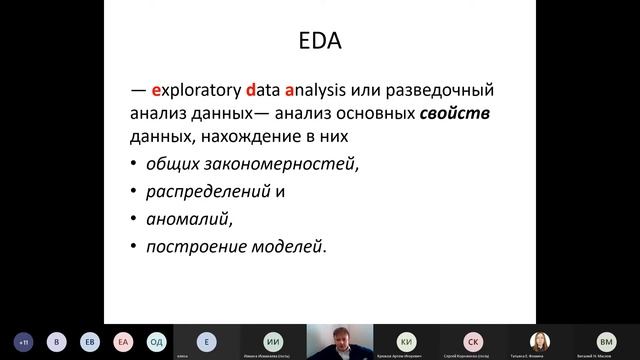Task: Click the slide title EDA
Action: pos(320,44)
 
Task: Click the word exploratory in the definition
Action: pos(186,93)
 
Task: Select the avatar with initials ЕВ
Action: pos(91,340)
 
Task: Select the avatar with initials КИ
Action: pos(406,340)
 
